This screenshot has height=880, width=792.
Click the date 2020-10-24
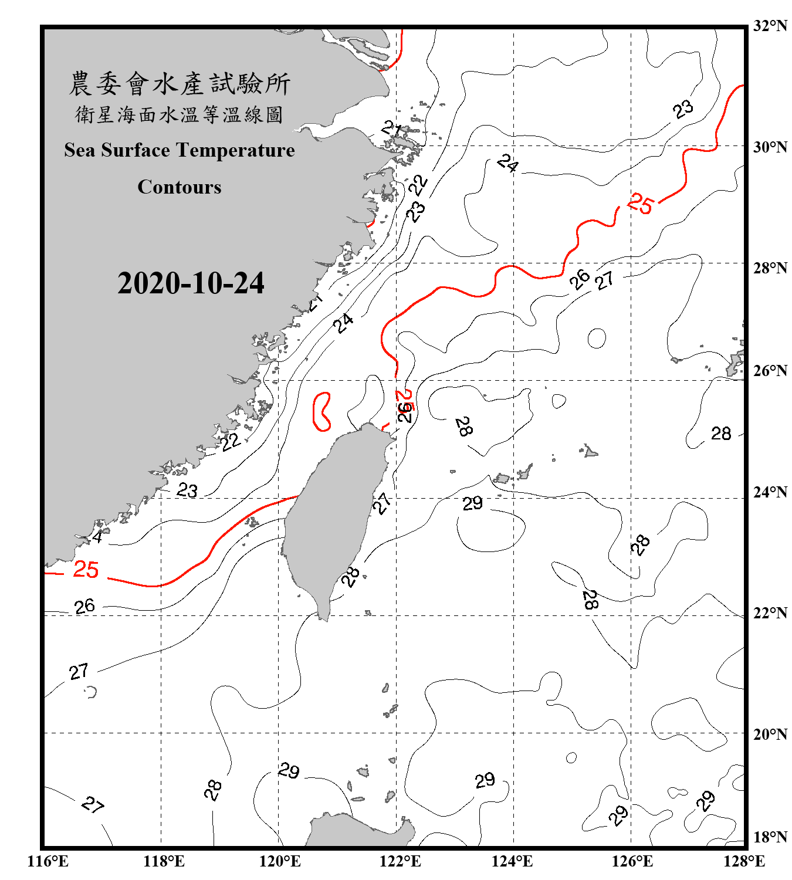point(191,283)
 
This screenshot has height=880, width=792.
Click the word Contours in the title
point(180,187)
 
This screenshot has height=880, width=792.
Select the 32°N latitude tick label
point(770,26)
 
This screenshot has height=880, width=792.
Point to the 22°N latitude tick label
point(770,613)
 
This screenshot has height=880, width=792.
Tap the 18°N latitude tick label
point(770,837)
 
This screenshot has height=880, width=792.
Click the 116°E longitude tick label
point(48,861)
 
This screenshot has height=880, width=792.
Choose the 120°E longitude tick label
point(280,861)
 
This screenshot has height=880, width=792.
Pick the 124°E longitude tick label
point(512,861)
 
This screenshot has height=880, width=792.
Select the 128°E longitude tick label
point(744,861)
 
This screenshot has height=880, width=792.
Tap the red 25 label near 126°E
point(640,204)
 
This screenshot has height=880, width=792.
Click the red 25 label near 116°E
point(86,569)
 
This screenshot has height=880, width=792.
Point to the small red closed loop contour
point(321,412)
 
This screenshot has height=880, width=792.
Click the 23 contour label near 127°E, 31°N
point(683,109)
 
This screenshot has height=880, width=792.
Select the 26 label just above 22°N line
point(84,606)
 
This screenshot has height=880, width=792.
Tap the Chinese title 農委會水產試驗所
point(180,84)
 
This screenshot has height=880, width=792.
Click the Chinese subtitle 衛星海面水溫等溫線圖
point(179,114)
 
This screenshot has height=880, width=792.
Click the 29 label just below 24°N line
point(472,503)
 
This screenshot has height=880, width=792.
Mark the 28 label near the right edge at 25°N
point(721,434)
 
